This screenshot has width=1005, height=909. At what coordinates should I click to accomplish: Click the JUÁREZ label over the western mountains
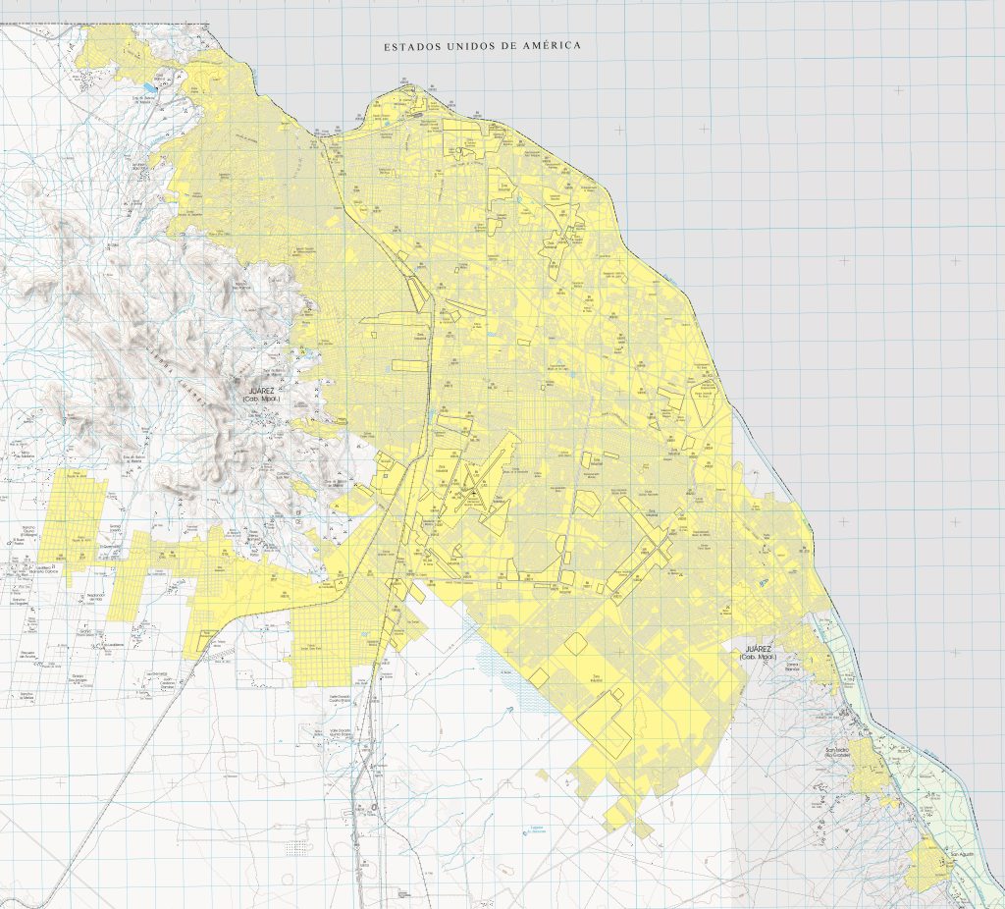click(261, 390)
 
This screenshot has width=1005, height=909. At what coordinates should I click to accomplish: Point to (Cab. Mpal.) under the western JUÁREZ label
click(261, 399)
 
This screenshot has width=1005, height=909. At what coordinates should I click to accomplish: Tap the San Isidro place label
click(836, 751)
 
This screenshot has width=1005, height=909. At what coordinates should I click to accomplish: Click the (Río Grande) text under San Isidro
click(836, 758)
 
